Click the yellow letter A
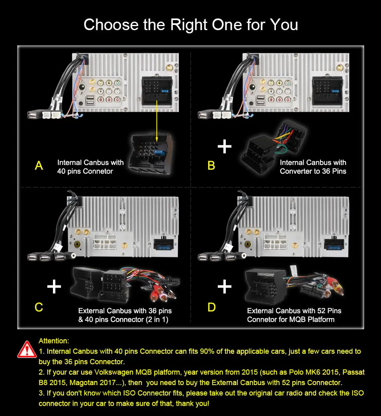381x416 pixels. pyautogui.click(x=39, y=165)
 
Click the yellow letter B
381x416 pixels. pyautogui.click(x=211, y=165)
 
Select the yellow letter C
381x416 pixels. pyautogui.click(x=39, y=307)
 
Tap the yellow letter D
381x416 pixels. pyautogui.click(x=211, y=307)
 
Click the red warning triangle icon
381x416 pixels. pyautogui.click(x=27, y=349)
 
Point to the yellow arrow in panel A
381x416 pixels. pyautogui.click(x=157, y=121)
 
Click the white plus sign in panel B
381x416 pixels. pyautogui.click(x=225, y=147)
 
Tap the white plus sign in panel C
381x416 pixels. pyautogui.click(x=54, y=287)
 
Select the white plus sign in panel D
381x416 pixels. pyautogui.click(x=225, y=287)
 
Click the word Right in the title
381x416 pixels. pyautogui.click(x=188, y=25)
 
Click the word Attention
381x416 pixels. pyautogui.click(x=54, y=341)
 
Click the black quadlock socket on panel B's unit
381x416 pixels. pyautogui.click(x=328, y=91)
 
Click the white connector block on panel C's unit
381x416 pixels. pyautogui.click(x=105, y=242)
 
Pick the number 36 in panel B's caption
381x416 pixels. pyautogui.click(x=326, y=171)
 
